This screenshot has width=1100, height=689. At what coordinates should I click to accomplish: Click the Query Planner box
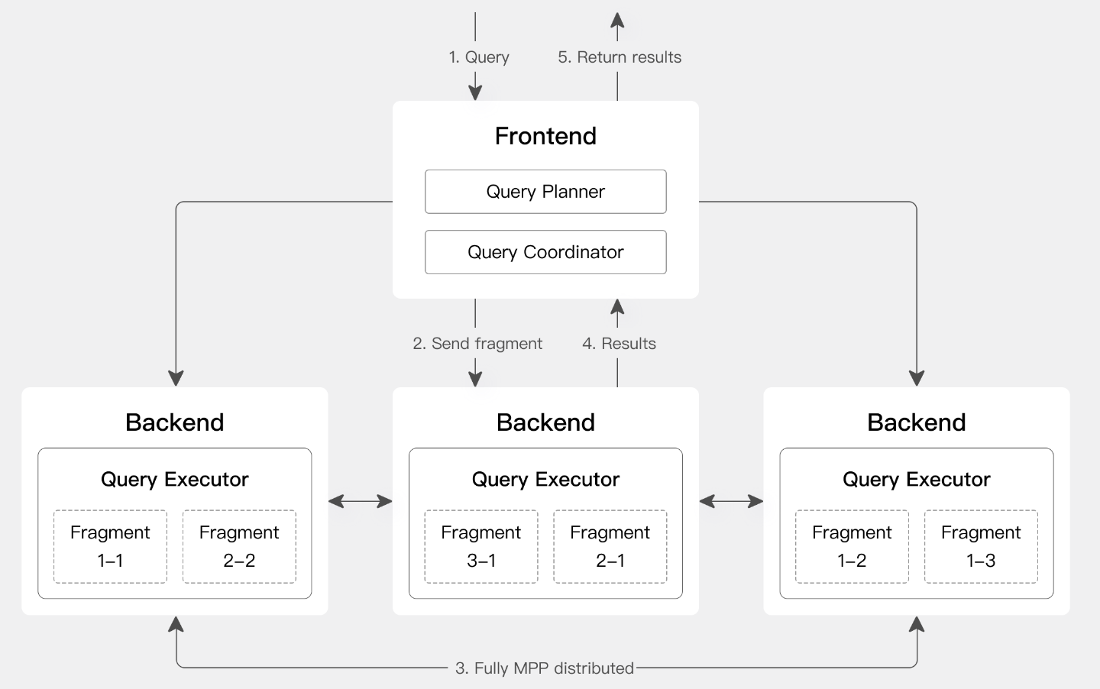[545, 192]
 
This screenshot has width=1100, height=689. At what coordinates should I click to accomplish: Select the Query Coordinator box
[545, 252]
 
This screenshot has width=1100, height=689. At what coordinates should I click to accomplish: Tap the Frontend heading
[545, 136]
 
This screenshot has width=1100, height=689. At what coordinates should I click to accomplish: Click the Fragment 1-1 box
[110, 547]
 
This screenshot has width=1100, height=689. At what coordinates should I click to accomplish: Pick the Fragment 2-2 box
[239, 547]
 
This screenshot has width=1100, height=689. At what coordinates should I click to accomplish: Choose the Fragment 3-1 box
[481, 547]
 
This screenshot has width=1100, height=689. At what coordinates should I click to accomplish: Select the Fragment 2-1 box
[610, 547]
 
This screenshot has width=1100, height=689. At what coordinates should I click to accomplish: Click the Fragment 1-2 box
[852, 547]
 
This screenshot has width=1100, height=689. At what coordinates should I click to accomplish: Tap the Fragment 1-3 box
[981, 547]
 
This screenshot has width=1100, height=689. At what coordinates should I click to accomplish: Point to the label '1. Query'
[479, 57]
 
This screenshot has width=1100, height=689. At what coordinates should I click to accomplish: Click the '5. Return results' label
[620, 57]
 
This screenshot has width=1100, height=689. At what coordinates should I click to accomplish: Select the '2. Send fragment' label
[477, 343]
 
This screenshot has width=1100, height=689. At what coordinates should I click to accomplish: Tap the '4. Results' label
[619, 343]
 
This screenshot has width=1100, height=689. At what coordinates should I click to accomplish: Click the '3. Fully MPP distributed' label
[545, 668]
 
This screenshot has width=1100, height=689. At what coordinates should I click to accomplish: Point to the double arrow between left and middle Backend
[360, 501]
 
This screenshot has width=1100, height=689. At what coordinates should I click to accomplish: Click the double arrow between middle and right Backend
[731, 501]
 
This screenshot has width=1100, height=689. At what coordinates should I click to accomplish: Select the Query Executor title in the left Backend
[175, 479]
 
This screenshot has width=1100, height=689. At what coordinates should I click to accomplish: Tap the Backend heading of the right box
[917, 422]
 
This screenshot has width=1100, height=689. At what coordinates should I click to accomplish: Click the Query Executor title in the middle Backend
[545, 479]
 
